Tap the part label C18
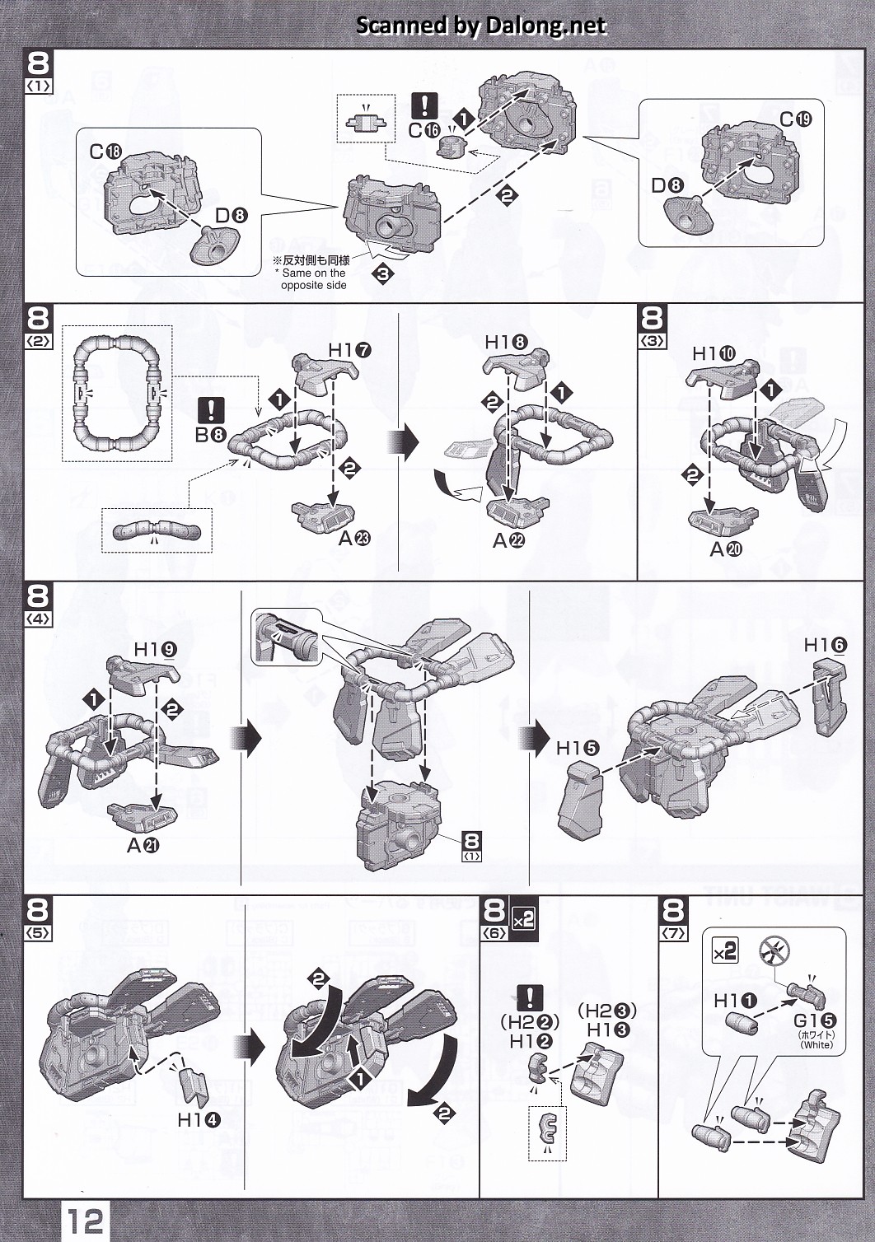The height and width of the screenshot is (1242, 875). tap(105, 152)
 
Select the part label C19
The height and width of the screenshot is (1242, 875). tap(796, 119)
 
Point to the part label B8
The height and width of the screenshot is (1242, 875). tap(209, 435)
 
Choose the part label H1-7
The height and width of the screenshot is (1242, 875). tap(349, 350)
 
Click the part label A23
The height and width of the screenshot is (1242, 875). tap(354, 538)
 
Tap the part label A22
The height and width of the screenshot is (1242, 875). tap(508, 540)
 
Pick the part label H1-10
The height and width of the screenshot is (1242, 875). tap(714, 353)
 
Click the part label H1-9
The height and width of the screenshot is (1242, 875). tap(155, 649)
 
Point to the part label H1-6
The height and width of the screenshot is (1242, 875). tap(825, 645)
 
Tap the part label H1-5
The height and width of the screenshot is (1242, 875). tap(578, 748)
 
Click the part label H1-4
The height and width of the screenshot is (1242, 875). tap(199, 1119)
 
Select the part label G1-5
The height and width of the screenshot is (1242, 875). tap(815, 1020)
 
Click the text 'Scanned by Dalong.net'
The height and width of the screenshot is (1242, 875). tap(481, 26)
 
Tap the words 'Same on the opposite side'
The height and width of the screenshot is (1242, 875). tap(313, 278)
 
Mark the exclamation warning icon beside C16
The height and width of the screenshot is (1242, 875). tap(424, 105)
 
